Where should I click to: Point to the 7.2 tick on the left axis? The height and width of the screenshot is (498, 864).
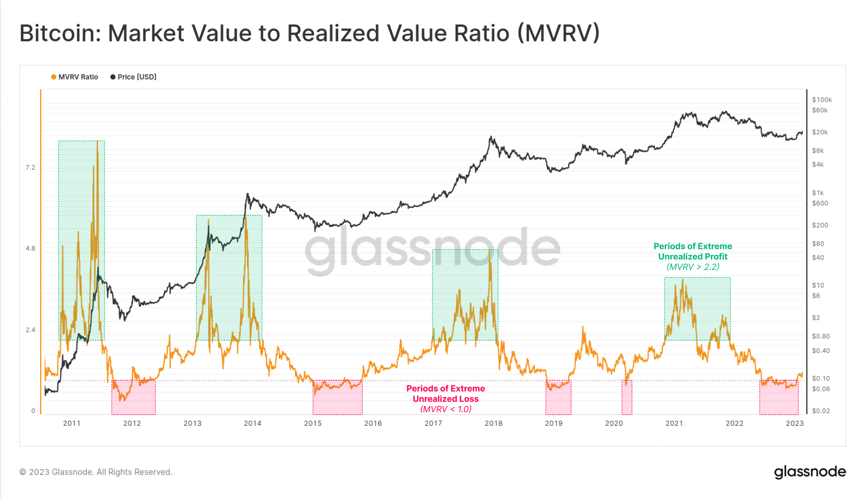click(30, 167)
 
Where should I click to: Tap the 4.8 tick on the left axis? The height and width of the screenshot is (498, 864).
click(30, 248)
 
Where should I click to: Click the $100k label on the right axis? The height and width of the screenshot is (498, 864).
click(822, 99)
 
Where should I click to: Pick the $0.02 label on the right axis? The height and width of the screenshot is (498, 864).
click(821, 411)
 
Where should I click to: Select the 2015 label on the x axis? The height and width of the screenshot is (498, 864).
click(313, 423)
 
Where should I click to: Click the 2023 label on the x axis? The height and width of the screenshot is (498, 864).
click(794, 423)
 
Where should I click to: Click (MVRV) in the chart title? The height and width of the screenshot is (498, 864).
click(559, 33)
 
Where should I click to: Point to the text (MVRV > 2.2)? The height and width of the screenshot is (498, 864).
click(693, 267)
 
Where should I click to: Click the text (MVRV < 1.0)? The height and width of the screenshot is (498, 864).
click(446, 409)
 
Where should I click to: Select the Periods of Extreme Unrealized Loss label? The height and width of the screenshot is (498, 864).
click(445, 393)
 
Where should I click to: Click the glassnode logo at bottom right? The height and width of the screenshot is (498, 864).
click(810, 472)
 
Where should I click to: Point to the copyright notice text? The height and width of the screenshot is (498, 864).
click(96, 472)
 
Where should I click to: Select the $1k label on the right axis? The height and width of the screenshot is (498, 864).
click(818, 193)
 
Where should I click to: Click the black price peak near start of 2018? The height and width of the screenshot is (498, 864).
click(491, 137)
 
